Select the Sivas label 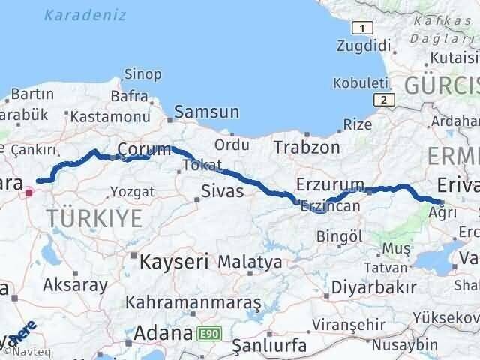click(223, 191)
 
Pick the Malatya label click(250, 262)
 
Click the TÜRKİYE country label click(94, 219)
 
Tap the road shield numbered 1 click(363, 28)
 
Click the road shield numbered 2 click(383, 99)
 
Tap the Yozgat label click(132, 192)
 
